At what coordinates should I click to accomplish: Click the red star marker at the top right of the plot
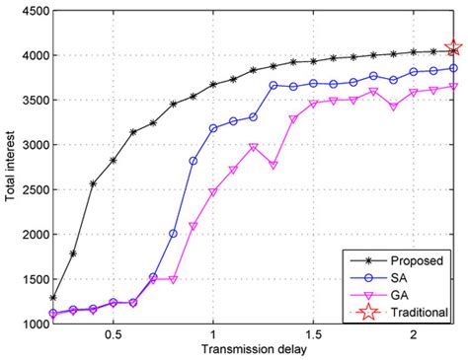coord(453,48)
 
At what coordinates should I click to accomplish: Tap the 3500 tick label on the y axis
coord(27,101)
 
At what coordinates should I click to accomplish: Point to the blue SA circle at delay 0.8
coord(173,234)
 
